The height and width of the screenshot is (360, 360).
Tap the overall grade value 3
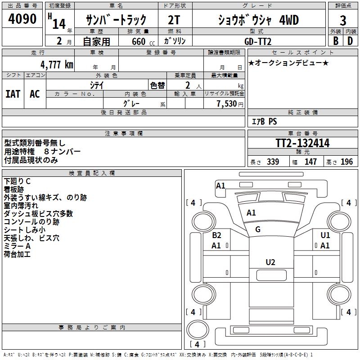coord(343,20)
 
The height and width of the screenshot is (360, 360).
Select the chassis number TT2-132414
coord(302,143)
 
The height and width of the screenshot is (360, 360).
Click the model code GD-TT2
coord(258,41)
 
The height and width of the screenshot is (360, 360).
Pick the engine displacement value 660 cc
coord(137,41)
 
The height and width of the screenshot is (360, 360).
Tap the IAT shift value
coord(13,94)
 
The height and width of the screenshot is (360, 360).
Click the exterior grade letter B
coord(335,41)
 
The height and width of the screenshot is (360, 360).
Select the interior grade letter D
coord(350,41)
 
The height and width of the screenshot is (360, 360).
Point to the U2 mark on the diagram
coord(270,262)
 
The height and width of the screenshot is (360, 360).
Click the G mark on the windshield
coord(258,229)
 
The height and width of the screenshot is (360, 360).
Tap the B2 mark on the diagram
coord(216,235)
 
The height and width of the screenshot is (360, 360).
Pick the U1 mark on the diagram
coord(325,235)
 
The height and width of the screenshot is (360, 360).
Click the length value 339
coord(272,162)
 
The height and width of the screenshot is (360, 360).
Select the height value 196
coord(346,162)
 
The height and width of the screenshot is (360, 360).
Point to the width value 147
coord(310,162)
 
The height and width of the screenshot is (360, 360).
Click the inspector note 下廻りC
coord(18,181)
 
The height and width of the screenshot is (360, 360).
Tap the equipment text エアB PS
coord(264,121)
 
